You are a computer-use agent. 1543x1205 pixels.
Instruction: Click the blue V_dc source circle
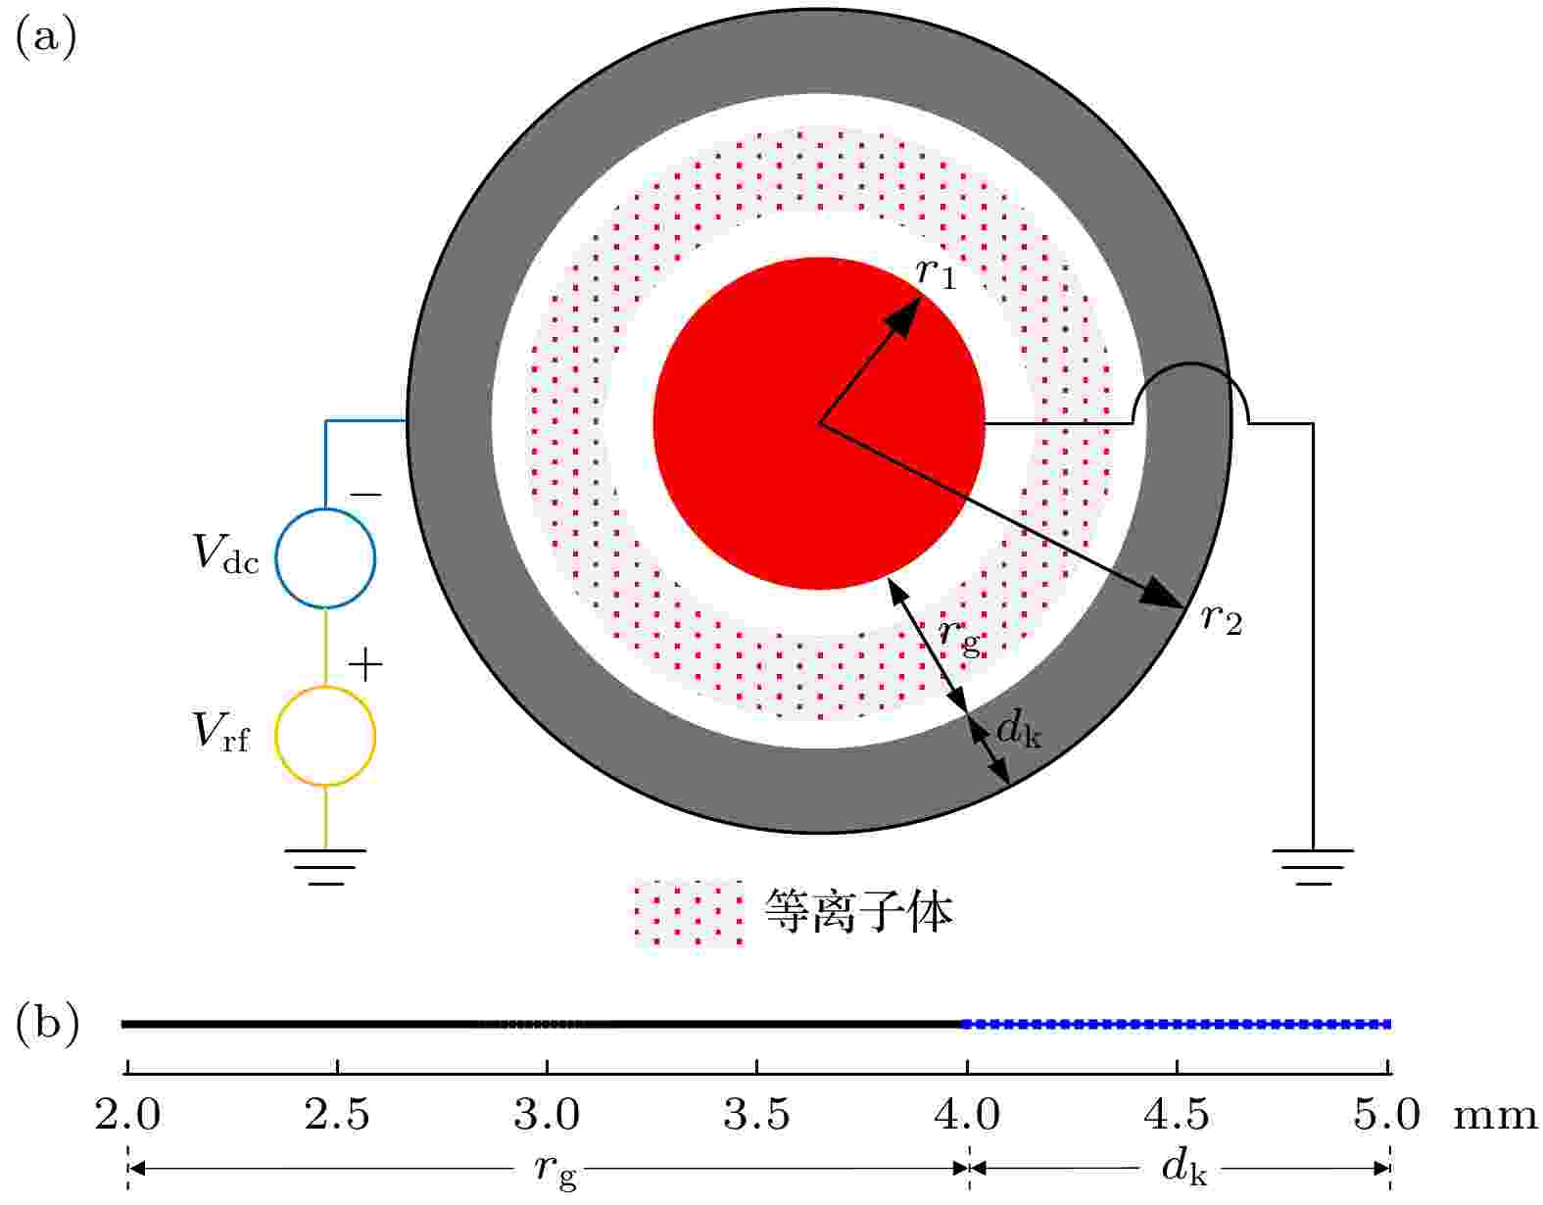click(x=325, y=508)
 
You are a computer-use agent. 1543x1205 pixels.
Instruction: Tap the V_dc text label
click(x=225, y=553)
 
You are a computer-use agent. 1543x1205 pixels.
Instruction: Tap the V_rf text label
click(x=221, y=731)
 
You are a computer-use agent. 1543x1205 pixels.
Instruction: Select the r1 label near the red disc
click(x=936, y=272)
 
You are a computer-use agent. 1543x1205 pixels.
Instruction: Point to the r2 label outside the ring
click(x=1222, y=618)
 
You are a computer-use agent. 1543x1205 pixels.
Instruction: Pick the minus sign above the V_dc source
click(x=365, y=494)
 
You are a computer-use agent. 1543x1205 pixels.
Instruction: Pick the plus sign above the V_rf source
click(x=365, y=665)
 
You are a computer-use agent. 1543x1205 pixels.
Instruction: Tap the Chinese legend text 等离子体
click(x=858, y=911)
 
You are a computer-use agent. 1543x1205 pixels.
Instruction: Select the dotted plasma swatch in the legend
click(x=689, y=913)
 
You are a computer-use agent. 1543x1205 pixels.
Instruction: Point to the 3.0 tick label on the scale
click(x=546, y=1114)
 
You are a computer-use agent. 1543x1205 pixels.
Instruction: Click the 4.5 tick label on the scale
click(x=1176, y=1114)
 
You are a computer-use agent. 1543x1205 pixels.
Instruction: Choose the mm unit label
click(x=1495, y=1118)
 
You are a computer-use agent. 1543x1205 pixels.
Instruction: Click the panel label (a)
click(x=45, y=37)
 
